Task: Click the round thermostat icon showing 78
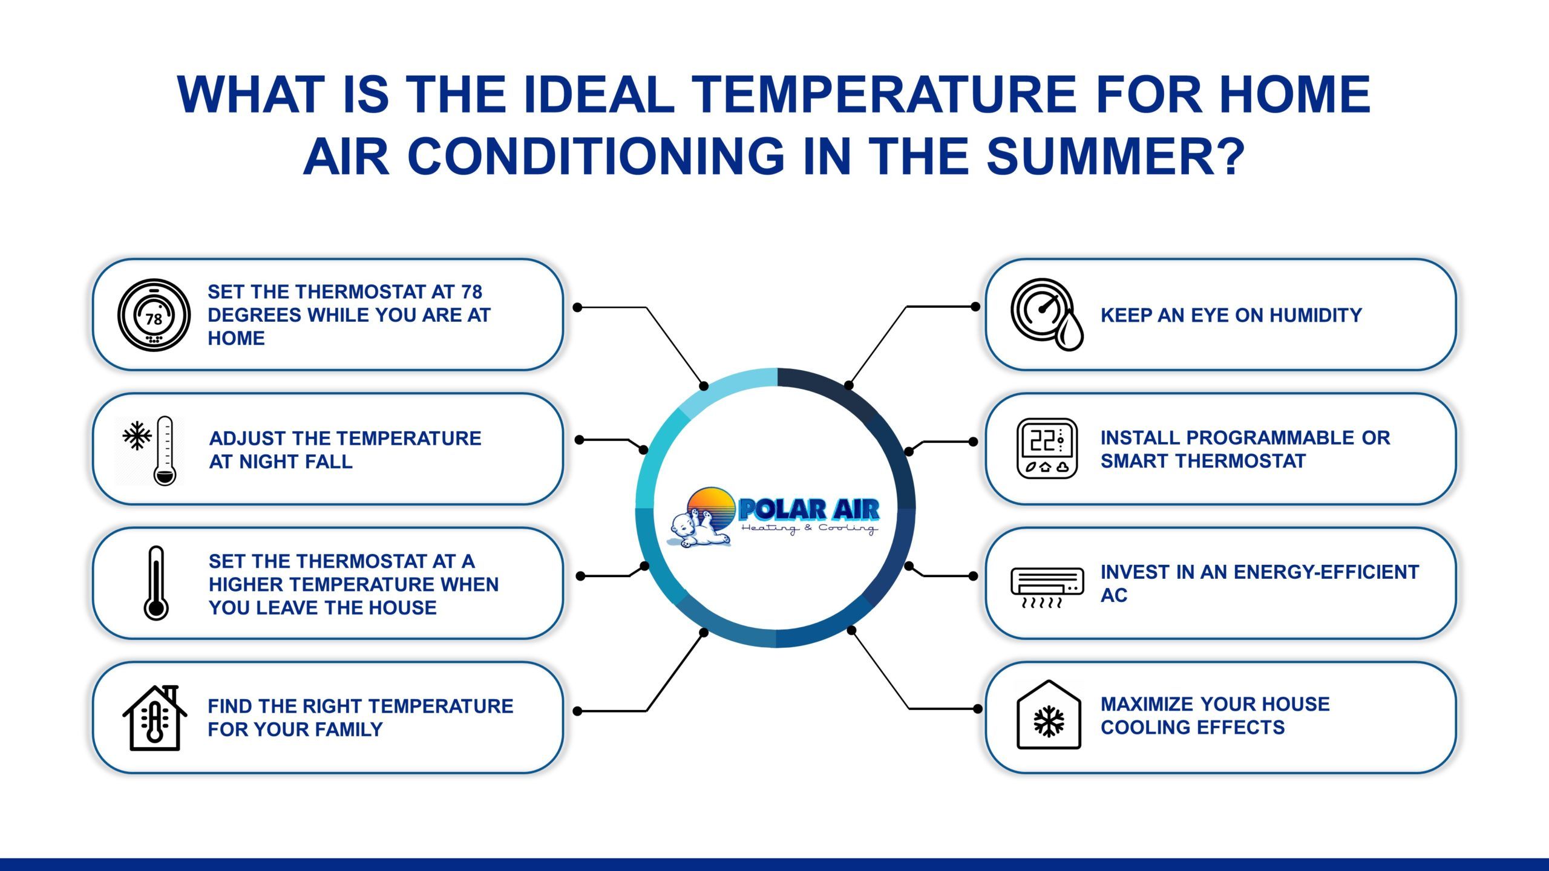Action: click(154, 315)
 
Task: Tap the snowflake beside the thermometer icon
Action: click(137, 435)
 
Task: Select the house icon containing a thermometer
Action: click(155, 719)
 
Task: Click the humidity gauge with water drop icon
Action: click(1046, 314)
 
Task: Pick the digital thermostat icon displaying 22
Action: click(1047, 449)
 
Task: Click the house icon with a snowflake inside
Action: click(1049, 716)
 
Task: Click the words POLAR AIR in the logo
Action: click(808, 510)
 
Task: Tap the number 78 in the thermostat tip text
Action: click(471, 292)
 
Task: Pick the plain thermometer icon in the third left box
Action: click(156, 583)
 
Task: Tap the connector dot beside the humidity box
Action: click(975, 307)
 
